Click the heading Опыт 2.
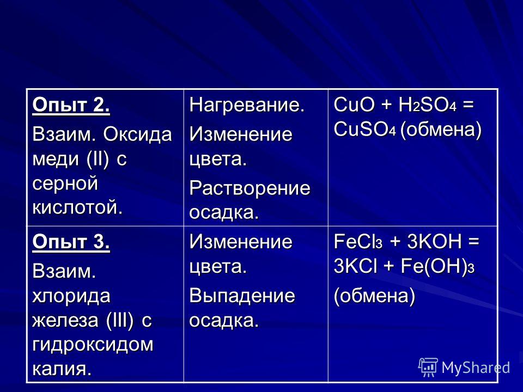(x=71, y=105)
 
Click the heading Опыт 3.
(x=71, y=241)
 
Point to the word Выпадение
(x=242, y=296)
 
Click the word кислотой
(x=78, y=207)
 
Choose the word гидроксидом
(x=93, y=345)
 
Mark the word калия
(x=62, y=369)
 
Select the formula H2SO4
(x=428, y=105)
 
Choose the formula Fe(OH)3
(x=437, y=267)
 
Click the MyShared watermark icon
(x=428, y=367)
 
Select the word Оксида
(x=137, y=135)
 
